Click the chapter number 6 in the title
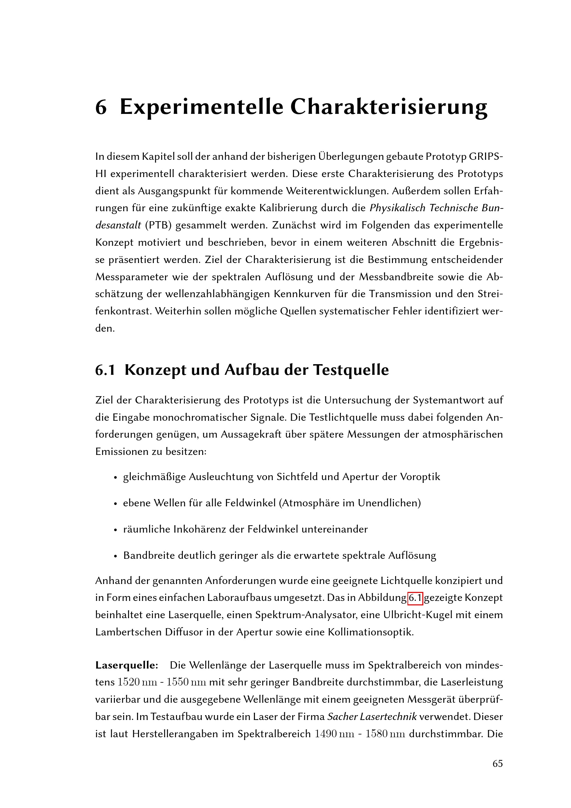[101, 107]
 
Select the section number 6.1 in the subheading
[105, 370]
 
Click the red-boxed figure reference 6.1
[415, 598]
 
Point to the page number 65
[498, 764]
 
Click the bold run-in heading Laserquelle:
[127, 665]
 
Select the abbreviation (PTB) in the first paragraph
[158, 225]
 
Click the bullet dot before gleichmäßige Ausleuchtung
[115, 478]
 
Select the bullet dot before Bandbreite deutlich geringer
[115, 556]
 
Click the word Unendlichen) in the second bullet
[389, 503]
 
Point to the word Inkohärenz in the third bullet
[201, 529]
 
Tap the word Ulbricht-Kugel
[417, 615]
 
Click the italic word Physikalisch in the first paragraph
[398, 208]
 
